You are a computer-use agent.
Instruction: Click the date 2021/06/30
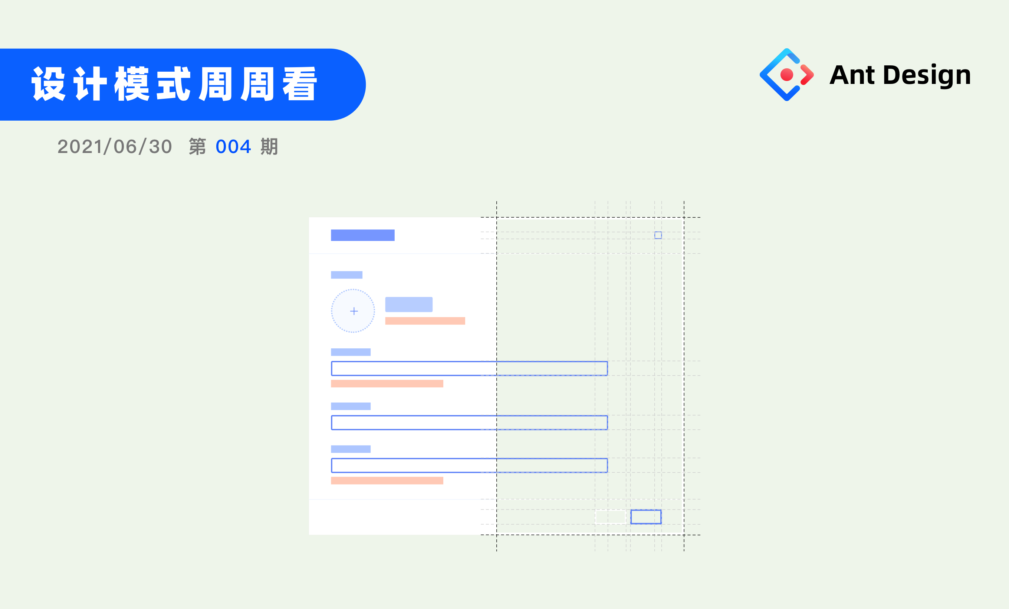115,147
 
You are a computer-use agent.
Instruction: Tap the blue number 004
233,147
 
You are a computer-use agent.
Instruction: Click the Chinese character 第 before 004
197,147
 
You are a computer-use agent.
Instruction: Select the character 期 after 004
269,147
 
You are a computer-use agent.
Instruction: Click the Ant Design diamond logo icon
786,75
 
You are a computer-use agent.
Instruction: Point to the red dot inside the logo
787,75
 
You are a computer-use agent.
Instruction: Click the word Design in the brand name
927,75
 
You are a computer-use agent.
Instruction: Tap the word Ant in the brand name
852,75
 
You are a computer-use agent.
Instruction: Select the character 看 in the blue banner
300,84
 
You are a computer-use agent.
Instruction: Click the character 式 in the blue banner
174,84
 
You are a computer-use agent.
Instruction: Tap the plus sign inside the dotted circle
354,311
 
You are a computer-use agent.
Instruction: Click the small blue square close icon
658,235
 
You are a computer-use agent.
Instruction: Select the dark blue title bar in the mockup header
362,235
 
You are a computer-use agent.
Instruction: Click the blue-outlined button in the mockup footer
645,517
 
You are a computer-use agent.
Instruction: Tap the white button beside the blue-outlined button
610,517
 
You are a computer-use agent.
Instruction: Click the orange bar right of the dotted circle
425,321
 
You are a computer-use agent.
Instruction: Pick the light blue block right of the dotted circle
409,304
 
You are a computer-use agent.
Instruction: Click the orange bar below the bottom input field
387,480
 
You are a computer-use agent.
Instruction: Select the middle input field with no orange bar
469,423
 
